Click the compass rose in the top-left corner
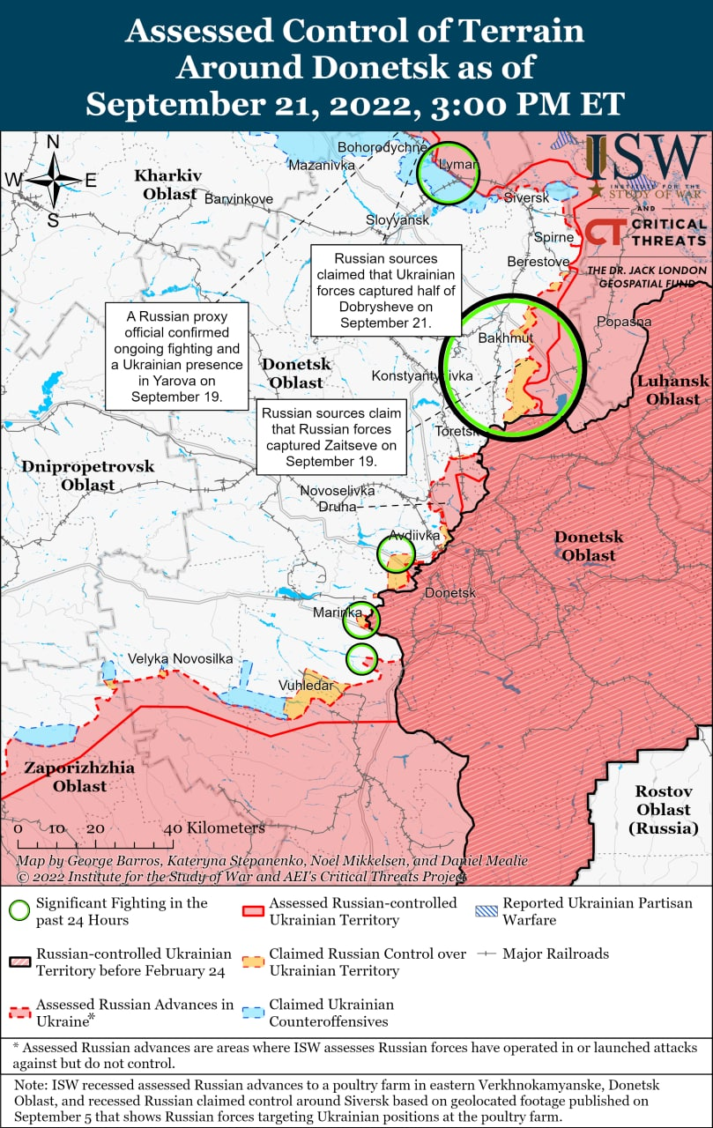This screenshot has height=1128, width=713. coord(53,180)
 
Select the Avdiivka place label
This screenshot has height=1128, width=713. coord(414,535)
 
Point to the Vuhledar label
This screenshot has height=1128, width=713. coord(306,685)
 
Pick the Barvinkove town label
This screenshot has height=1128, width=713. coord(238,198)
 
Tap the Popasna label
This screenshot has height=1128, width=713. coord(623,322)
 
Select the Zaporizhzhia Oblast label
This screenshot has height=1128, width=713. coord(79,776)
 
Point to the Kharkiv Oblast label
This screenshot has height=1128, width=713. coord(167,184)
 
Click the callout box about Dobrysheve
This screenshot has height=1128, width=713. coord(386,291)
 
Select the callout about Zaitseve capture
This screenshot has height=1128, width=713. coord(331,437)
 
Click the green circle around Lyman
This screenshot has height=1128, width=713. coord(447,172)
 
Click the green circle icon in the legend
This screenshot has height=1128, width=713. coord(19,910)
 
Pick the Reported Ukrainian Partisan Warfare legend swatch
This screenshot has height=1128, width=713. coord(485,909)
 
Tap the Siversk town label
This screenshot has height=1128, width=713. coord(526,197)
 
